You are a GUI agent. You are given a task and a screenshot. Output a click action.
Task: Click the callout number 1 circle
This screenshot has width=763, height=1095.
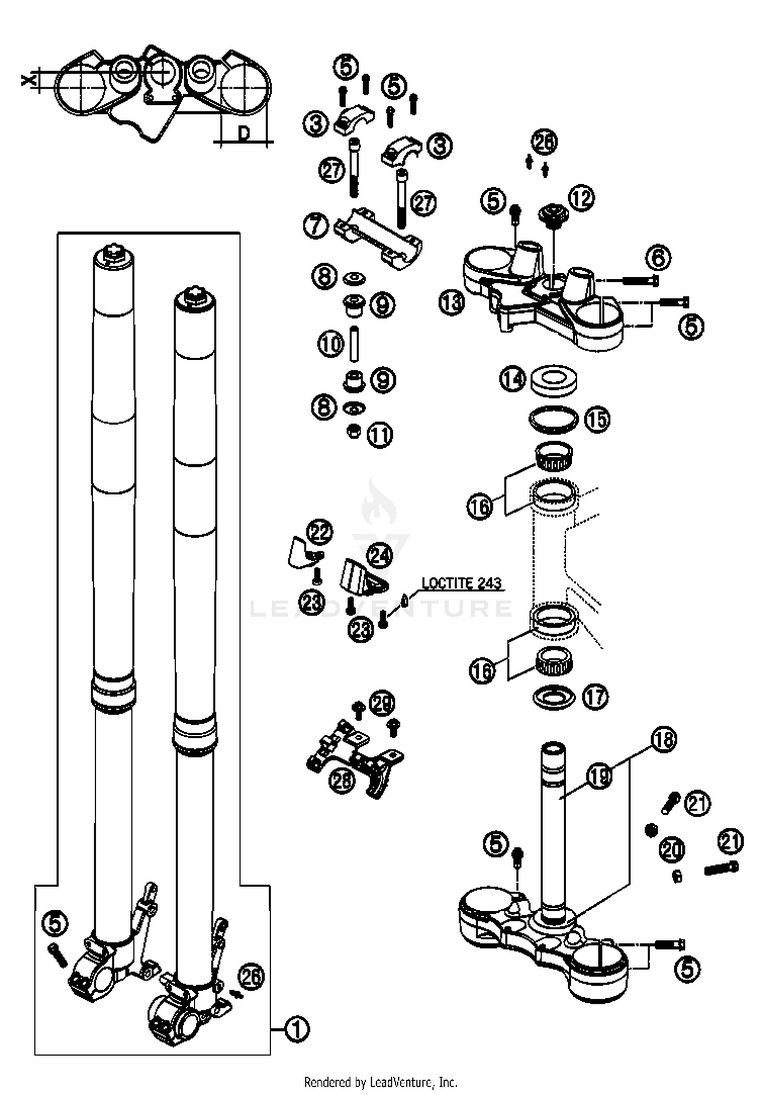coord(297,1029)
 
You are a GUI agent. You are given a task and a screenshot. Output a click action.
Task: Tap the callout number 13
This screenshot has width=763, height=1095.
coord(452,302)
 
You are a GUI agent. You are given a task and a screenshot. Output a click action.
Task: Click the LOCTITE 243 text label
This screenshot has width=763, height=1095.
coord(461,583)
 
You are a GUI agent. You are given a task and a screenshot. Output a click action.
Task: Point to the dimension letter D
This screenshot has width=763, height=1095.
coord(244,133)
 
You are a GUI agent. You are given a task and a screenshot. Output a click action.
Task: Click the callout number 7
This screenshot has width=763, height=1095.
coord(316,225)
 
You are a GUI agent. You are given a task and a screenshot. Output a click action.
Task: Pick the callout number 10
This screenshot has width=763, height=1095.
coord(331,344)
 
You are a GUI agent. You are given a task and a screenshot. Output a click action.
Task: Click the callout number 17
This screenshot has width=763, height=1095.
coord(595,697)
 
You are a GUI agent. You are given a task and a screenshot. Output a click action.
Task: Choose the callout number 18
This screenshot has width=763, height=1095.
coord(664,740)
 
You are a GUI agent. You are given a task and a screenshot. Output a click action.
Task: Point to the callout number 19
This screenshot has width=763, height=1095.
coord(600,776)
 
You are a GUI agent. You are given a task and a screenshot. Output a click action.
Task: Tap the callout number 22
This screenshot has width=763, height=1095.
coord(320,532)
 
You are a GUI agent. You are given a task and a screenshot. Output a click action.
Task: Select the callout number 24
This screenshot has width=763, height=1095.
coord(379,556)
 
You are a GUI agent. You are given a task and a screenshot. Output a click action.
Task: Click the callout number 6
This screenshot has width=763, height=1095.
coord(658,257)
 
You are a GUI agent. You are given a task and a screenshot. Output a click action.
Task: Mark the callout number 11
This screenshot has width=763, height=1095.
coord(379,435)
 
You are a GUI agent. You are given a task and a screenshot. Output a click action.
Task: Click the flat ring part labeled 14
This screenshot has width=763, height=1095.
coord(554,380)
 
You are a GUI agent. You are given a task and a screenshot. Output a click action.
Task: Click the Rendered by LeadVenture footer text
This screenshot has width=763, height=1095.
coord(380,1082)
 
